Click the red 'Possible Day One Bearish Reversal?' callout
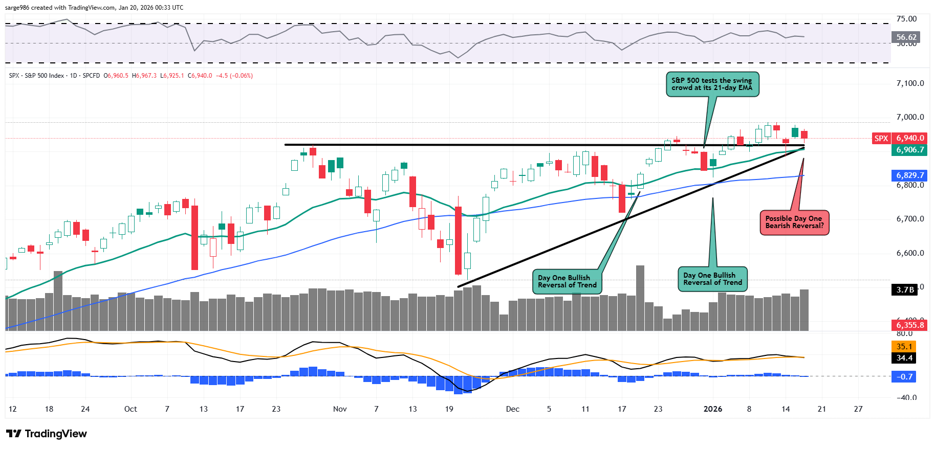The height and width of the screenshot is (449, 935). [x=794, y=222]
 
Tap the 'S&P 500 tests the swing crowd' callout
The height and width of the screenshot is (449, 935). [x=712, y=84]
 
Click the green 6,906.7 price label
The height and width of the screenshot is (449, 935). [x=910, y=150]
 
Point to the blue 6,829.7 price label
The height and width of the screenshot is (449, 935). [x=910, y=175]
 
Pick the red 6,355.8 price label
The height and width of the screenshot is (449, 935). [x=910, y=325]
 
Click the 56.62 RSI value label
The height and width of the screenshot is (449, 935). [x=906, y=37]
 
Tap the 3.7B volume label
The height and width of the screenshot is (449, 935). [x=905, y=290]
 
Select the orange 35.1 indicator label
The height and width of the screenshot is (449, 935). [x=904, y=346]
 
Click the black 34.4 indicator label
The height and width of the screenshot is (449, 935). [x=904, y=358]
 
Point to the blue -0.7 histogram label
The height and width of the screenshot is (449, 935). [x=904, y=377]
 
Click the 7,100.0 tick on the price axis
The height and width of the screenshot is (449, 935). [x=910, y=83]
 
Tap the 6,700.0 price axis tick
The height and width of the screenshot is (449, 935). [x=910, y=219]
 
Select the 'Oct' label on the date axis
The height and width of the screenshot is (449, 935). [x=131, y=409]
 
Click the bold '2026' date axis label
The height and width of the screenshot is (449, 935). [x=712, y=409]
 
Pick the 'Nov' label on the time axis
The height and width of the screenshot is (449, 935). [x=340, y=409]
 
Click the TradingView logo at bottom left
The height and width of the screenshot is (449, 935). [x=47, y=434]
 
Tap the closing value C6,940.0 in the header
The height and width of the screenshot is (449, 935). [x=200, y=76]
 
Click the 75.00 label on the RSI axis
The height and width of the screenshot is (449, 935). [x=906, y=19]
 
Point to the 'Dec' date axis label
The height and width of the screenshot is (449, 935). [x=512, y=409]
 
